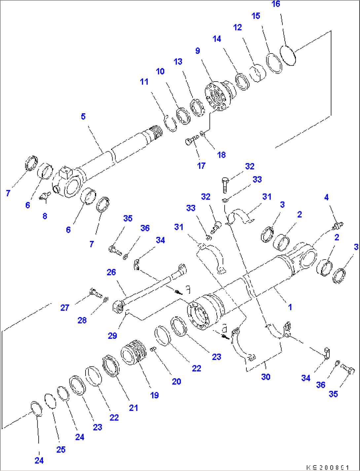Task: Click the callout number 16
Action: click(276, 4)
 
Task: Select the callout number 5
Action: click(83, 117)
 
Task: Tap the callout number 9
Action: click(198, 51)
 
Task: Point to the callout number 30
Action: click(266, 377)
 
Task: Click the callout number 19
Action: click(154, 395)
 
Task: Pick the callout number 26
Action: click(111, 272)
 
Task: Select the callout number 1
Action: click(290, 307)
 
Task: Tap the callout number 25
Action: click(61, 450)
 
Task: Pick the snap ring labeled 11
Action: click(170, 124)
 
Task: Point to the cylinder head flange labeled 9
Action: click(218, 96)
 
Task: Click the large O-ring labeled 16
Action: click(288, 55)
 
